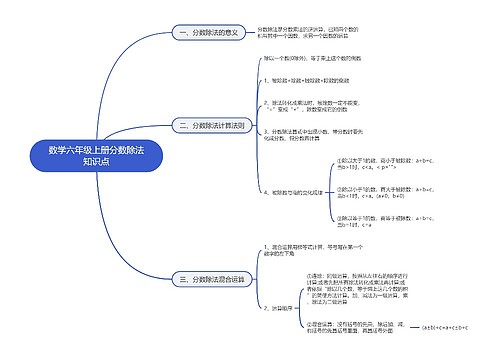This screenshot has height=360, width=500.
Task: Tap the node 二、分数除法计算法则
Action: tap(209, 126)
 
